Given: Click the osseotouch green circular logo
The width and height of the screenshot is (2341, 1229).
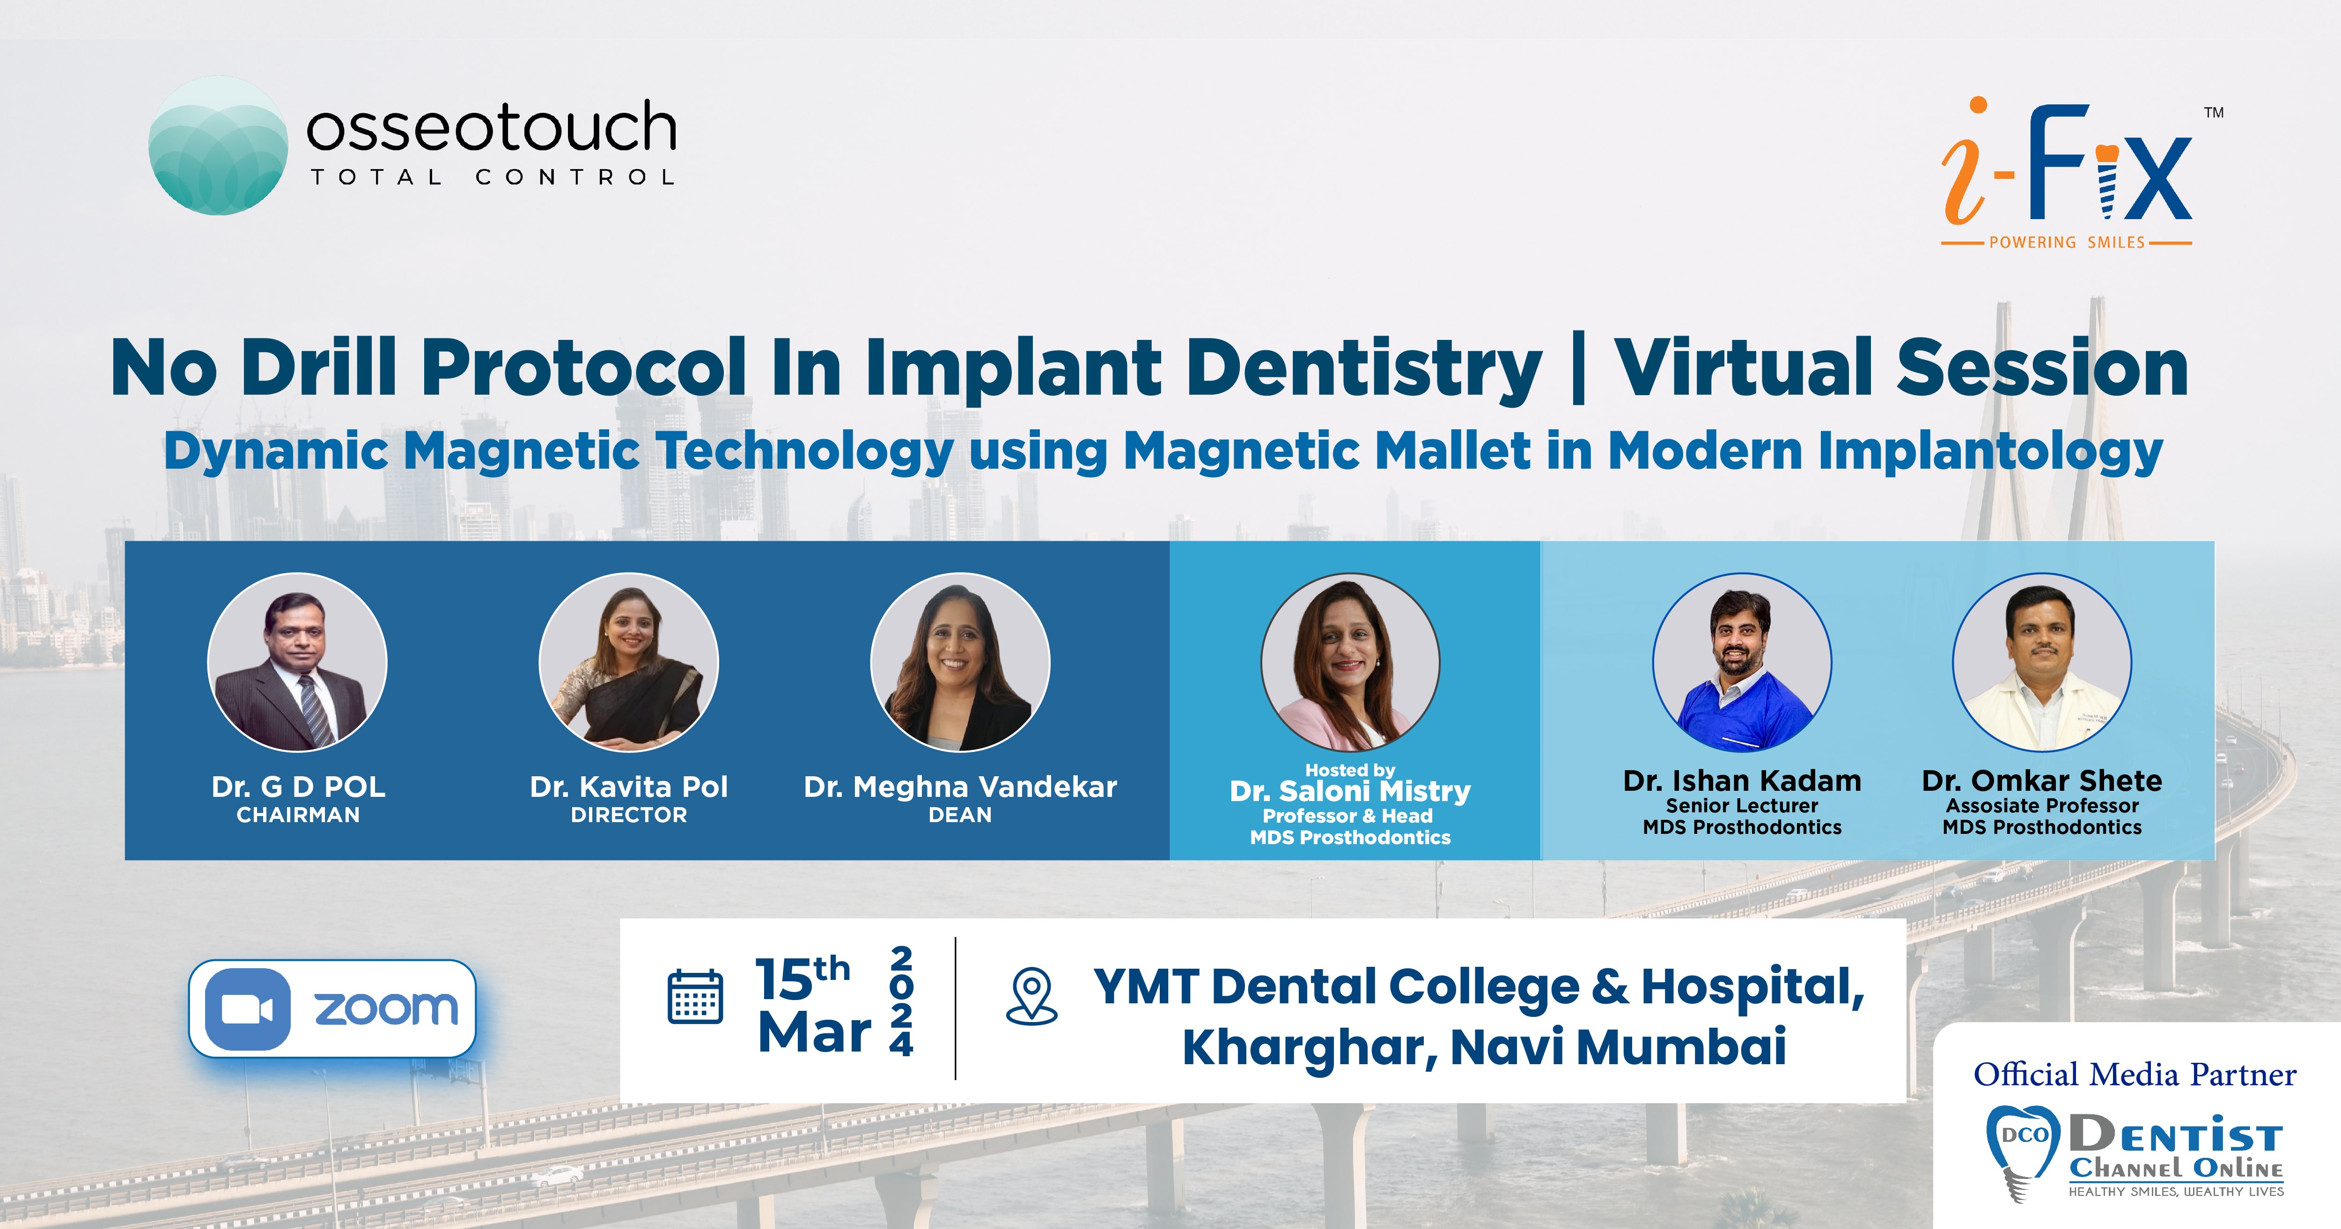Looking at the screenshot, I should (x=218, y=146).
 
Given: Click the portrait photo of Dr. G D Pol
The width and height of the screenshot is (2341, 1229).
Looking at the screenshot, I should (x=297, y=662).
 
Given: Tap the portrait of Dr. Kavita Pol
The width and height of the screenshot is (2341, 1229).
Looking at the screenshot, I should (x=629, y=662).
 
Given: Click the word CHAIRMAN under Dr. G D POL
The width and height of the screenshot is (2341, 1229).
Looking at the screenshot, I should (x=298, y=816).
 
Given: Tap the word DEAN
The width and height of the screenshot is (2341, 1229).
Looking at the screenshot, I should (x=960, y=816).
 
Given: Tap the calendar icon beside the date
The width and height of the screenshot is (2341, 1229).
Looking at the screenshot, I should (x=695, y=997).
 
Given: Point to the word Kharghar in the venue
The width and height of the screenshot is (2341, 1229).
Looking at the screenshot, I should (x=1309, y=1047).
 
